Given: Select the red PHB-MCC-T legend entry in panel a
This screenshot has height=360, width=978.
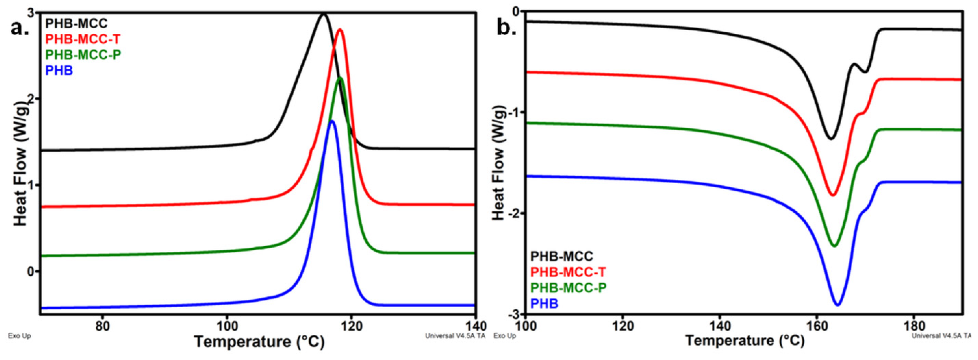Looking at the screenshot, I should point(83,39).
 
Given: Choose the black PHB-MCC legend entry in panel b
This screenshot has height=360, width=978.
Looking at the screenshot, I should point(561,257).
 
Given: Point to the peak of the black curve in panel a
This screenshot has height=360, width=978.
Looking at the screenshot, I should point(323,14).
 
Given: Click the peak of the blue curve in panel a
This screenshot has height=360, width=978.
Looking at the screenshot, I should point(332,121).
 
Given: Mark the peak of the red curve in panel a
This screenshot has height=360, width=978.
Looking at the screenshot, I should point(340,29).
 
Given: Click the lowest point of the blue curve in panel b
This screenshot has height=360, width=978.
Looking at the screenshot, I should point(838,305).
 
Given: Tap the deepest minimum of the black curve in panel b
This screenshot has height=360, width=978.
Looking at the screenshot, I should point(831,139).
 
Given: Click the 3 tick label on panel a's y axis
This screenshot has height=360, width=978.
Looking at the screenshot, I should point(32,13).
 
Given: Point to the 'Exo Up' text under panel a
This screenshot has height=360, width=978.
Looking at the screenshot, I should point(19,336).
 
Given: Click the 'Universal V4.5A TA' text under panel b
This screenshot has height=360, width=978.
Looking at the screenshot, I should point(942,336).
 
